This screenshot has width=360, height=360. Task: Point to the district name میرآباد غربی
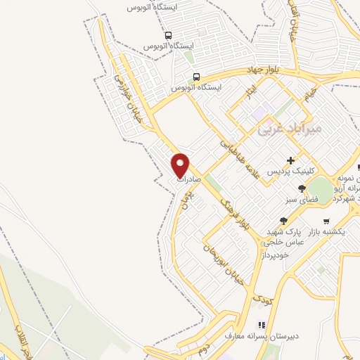(289, 129)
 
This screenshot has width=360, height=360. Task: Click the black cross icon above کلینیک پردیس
(291, 160)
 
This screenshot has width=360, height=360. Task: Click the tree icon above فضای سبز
(302, 188)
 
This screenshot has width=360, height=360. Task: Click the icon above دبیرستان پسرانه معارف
(261, 325)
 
